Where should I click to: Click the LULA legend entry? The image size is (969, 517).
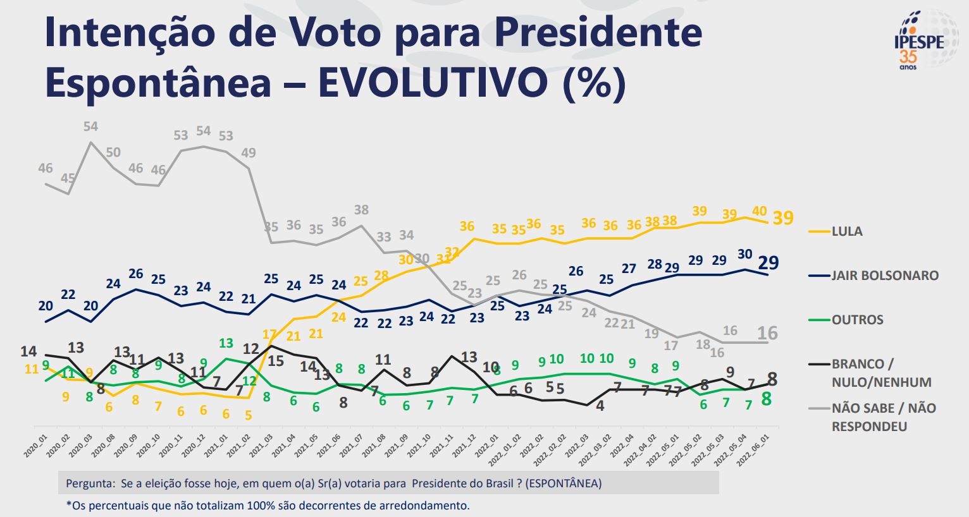click(846, 231)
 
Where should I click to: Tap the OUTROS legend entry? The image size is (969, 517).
click(857, 320)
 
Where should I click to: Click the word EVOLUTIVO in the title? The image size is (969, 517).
click(429, 83)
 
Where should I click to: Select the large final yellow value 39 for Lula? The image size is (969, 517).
click(783, 218)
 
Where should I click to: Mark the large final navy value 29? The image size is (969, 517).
click(768, 263)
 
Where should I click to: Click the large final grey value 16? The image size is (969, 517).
click(768, 333)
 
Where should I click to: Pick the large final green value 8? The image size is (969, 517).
click(766, 399)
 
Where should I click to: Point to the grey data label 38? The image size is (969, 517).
click(361, 210)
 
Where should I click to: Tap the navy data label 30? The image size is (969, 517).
click(744, 255)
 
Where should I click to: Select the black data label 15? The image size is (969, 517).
click(276, 361)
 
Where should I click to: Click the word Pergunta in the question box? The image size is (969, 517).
click(88, 484)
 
